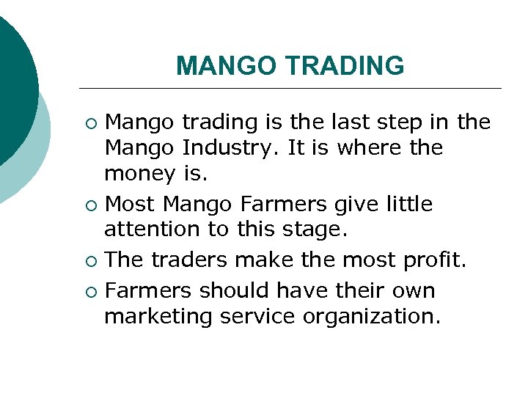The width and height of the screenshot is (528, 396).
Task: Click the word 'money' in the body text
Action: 139,174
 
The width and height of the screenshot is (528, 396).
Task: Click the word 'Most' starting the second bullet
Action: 132,203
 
